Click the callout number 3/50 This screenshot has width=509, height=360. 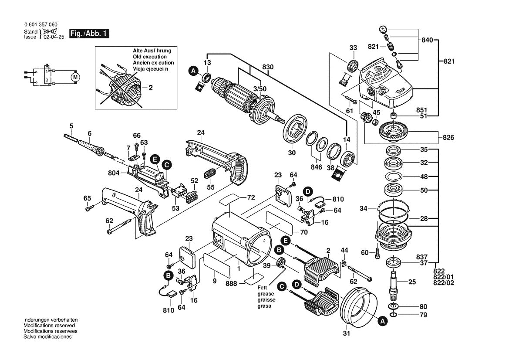[260, 88]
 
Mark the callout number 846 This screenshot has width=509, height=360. [317, 167]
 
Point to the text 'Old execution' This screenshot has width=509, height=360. [150, 57]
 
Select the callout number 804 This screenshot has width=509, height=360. [114, 173]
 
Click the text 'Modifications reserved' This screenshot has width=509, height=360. [49, 326]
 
